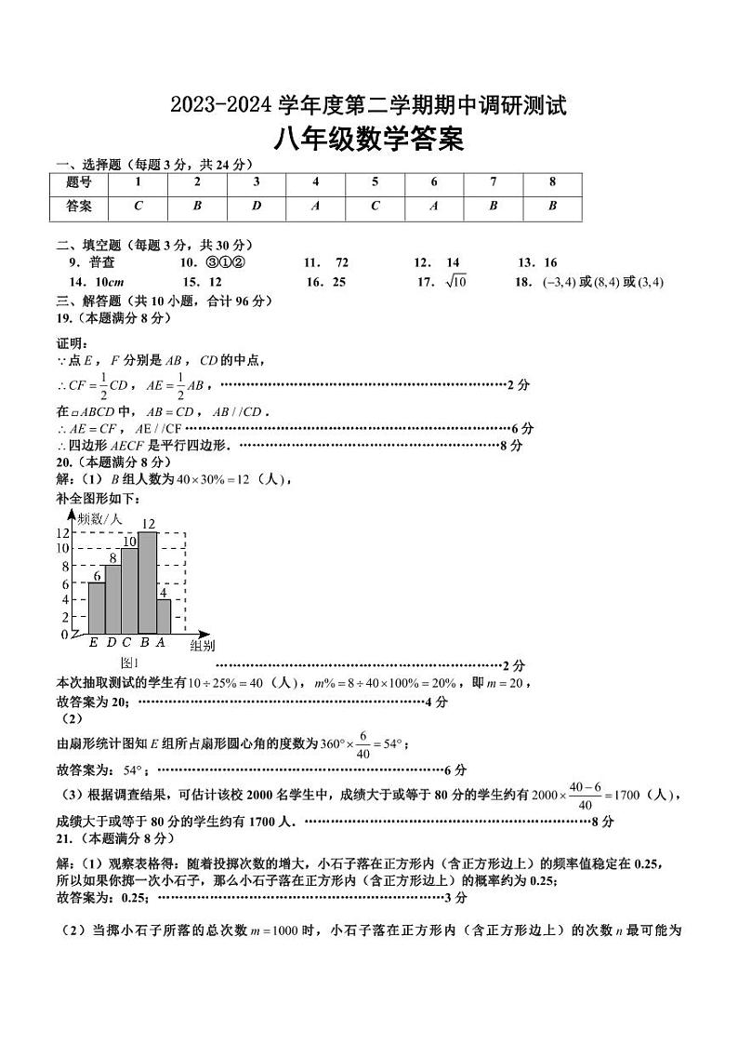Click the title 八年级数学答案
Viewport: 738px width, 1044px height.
(369, 140)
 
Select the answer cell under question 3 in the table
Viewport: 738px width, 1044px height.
(257, 207)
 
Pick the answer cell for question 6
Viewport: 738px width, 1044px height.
(434, 207)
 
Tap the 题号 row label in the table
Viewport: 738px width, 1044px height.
(79, 182)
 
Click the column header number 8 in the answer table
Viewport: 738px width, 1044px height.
(552, 182)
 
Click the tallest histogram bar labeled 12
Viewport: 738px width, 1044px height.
(147, 582)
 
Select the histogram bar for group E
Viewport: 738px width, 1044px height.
(96, 608)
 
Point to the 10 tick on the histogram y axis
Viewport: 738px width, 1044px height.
(64, 549)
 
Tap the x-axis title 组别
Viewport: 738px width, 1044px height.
(202, 645)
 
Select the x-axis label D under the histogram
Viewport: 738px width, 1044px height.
(112, 641)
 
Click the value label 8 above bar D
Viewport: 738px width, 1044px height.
(112, 557)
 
